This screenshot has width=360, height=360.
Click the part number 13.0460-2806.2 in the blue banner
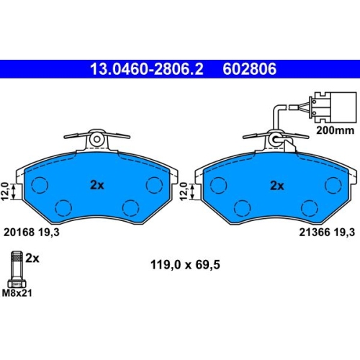click(x=147, y=69)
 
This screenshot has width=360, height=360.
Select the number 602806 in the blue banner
click(x=250, y=69)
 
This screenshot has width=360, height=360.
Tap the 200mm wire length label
click(x=336, y=130)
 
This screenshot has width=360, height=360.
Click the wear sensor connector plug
click(x=333, y=107)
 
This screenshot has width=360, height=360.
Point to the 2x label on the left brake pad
click(x=97, y=185)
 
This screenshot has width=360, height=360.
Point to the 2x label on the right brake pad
click(x=277, y=186)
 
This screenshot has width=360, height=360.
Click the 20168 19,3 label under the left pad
click(x=32, y=232)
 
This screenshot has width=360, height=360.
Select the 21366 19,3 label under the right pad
click(x=327, y=232)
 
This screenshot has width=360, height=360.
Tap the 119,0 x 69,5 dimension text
click(x=185, y=265)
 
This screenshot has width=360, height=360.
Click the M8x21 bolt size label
click(x=17, y=293)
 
